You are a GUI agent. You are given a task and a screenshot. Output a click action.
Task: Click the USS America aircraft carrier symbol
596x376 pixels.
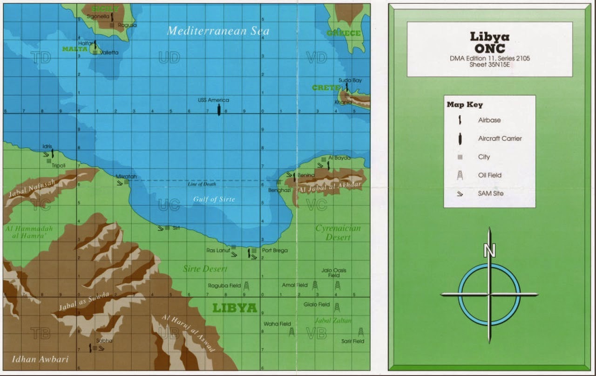coord(219,110)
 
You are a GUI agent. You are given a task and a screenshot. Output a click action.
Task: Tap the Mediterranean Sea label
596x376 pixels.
coord(218,31)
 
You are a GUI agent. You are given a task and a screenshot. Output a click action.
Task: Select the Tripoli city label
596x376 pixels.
coord(58,165)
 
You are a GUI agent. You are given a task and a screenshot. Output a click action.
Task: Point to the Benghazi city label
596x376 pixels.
coord(279,190)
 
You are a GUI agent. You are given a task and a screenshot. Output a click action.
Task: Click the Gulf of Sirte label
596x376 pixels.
coord(214,199)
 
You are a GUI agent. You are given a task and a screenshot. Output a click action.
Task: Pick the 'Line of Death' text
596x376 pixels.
coord(202,184)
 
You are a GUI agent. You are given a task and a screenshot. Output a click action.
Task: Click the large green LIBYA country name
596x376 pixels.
coord(235,308)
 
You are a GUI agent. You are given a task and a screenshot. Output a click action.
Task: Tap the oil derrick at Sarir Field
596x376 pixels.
coord(360,332)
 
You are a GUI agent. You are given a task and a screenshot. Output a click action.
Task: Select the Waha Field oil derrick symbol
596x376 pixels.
coord(291,331)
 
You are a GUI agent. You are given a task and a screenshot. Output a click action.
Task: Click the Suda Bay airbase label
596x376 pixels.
coord(350,81)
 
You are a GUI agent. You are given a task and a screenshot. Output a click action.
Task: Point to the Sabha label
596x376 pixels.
coord(104,341)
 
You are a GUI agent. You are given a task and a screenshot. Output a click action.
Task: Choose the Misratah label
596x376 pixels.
coord(126,177)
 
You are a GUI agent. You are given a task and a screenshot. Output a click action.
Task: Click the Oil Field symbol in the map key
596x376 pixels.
coord(460,175)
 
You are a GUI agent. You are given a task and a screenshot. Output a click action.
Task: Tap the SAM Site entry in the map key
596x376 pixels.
coord(490,193)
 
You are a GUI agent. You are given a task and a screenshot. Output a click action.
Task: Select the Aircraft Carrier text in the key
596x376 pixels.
coord(500,138)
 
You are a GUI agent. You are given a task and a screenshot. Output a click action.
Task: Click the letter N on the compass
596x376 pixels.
coord(489,251)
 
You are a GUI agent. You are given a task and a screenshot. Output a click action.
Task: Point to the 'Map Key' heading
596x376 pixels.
coord(465,105)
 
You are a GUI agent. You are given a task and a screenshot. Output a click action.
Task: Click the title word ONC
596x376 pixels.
coord(489,48)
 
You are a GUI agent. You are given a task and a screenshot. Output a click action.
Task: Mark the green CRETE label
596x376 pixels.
coord(326,88)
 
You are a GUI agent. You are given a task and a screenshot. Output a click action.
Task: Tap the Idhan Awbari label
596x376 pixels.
coord(40,359)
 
